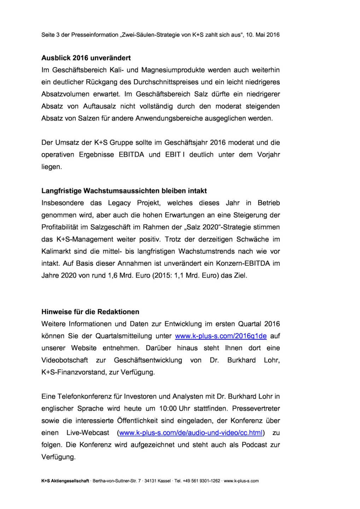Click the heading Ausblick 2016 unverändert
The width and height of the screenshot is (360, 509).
[x=86, y=58]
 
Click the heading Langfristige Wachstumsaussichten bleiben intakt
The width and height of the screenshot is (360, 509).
[x=124, y=191]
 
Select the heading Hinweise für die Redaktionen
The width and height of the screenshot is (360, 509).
[x=90, y=312]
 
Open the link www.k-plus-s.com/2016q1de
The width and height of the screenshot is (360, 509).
[x=221, y=336]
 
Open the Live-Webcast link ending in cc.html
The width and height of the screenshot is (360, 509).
[x=191, y=433]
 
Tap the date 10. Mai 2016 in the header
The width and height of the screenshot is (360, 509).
[x=263, y=35]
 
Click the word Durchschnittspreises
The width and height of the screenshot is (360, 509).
[x=166, y=82]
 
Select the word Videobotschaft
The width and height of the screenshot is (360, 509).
[x=65, y=360]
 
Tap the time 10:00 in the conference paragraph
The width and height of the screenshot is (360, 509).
[x=168, y=409]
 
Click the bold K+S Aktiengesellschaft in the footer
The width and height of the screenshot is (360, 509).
[x=65, y=481]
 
